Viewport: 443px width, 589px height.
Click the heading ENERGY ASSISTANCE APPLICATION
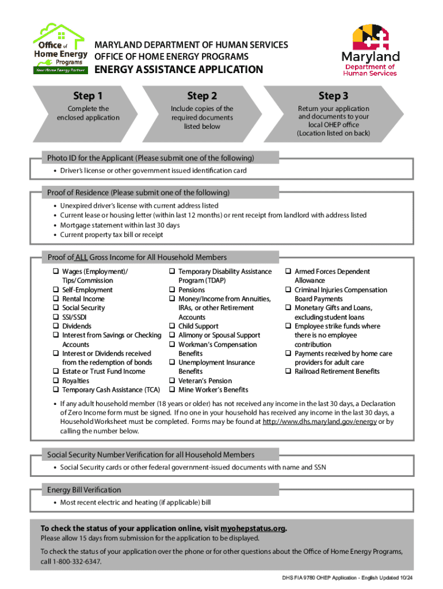coord(178,70)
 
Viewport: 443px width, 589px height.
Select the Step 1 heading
coord(87,95)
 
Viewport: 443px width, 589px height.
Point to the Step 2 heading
coord(202,95)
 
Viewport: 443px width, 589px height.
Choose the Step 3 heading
coord(333,95)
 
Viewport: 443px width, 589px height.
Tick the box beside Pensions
coord(172,290)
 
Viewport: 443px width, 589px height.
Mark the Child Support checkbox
coord(172,326)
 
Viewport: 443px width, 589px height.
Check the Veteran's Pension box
coord(172,381)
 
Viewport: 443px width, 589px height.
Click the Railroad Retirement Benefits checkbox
coord(288,372)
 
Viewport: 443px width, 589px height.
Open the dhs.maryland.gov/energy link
coord(320,422)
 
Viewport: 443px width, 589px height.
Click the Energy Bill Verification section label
coord(84,490)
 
